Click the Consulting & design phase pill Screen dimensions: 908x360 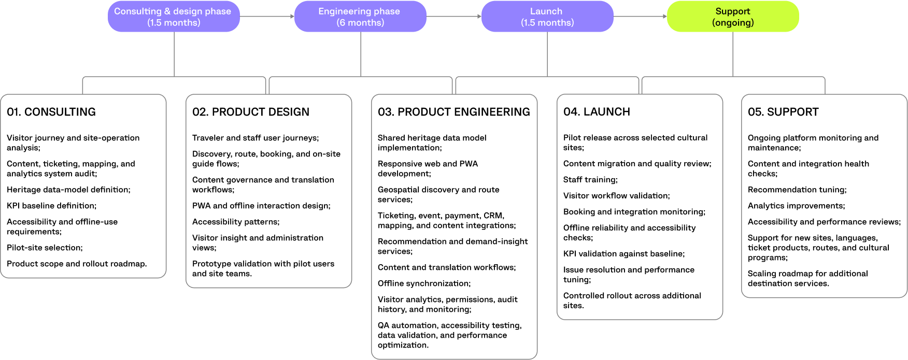[x=174, y=17]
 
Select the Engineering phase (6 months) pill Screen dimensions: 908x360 [x=360, y=17]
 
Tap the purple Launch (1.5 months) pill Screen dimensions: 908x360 [x=547, y=17]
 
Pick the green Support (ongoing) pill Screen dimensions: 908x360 [x=733, y=17]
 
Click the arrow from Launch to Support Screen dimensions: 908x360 [x=640, y=17]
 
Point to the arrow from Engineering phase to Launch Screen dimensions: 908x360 [x=454, y=17]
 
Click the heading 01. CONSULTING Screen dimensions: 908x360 [x=51, y=112]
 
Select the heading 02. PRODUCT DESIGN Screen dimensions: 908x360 [x=251, y=112]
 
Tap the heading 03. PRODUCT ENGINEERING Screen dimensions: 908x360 [x=454, y=112]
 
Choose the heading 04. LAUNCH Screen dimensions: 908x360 [x=597, y=112]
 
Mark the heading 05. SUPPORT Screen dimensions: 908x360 [x=783, y=112]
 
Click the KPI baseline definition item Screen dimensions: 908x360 [x=52, y=206]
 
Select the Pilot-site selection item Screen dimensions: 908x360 [x=45, y=248]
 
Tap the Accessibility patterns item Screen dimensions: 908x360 [x=236, y=222]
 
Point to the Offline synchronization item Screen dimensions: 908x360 [x=424, y=283]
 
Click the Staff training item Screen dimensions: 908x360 [x=591, y=180]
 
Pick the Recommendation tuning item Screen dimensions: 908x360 [x=797, y=190]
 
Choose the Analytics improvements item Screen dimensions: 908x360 [x=797, y=206]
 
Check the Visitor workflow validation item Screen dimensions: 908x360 [x=617, y=196]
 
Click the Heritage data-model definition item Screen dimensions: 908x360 [x=69, y=190]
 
